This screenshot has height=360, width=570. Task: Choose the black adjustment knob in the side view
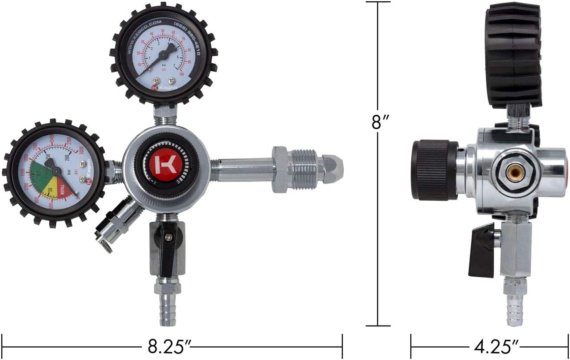tap(434, 170)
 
